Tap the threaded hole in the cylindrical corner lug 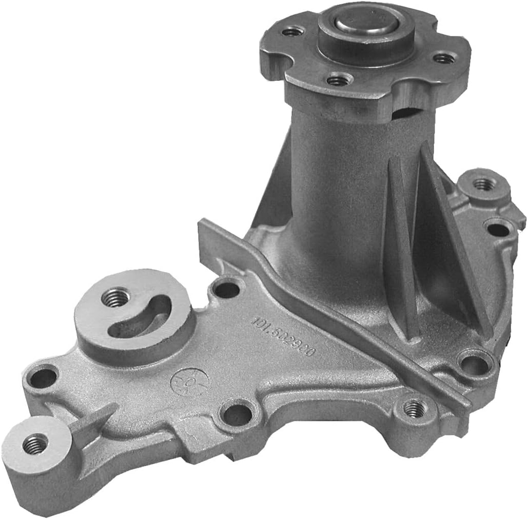tap(35, 444)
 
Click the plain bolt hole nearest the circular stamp tap(238, 413)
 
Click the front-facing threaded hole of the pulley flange tap(339, 80)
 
